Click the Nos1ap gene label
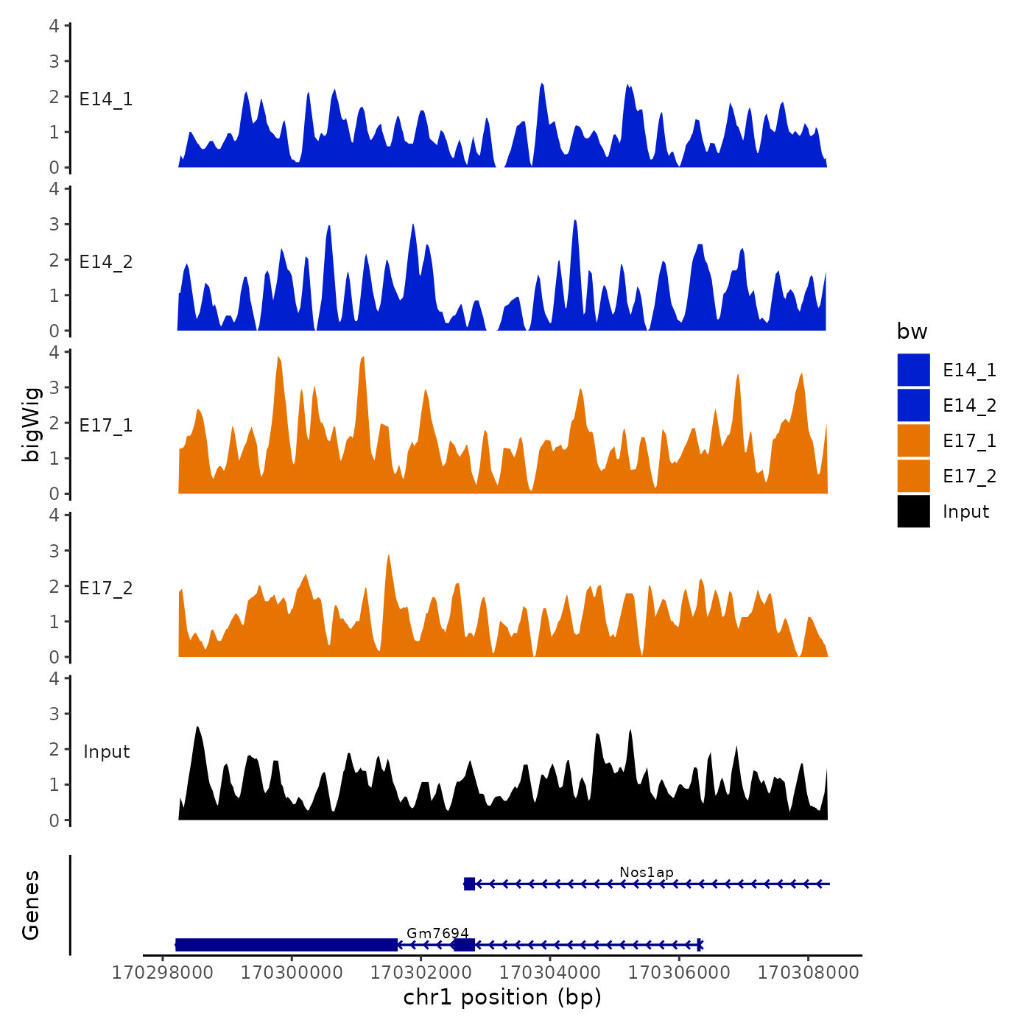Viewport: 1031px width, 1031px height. click(x=646, y=873)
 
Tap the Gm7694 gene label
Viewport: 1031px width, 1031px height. click(x=437, y=933)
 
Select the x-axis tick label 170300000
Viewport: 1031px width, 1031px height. click(x=292, y=973)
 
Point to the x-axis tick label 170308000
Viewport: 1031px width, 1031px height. click(x=808, y=973)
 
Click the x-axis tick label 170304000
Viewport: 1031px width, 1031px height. click(x=549, y=973)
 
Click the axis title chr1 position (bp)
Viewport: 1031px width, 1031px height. click(x=502, y=997)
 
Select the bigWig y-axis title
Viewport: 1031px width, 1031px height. click(x=32, y=424)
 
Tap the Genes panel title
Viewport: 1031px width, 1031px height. click(x=31, y=905)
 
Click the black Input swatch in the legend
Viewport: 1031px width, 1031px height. click(x=913, y=511)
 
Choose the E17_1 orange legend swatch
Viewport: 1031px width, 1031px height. click(x=913, y=440)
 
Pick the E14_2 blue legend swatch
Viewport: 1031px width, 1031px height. click(x=913, y=405)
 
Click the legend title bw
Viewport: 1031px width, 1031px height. click(x=912, y=332)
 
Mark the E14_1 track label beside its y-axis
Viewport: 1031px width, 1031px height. click(x=106, y=99)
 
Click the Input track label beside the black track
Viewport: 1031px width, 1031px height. click(x=106, y=752)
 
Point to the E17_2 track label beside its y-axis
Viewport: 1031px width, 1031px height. click(x=106, y=588)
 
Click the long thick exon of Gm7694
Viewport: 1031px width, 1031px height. click(x=286, y=945)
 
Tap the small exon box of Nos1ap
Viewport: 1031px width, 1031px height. click(x=469, y=884)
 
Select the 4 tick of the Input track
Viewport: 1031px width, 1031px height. click(x=54, y=678)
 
